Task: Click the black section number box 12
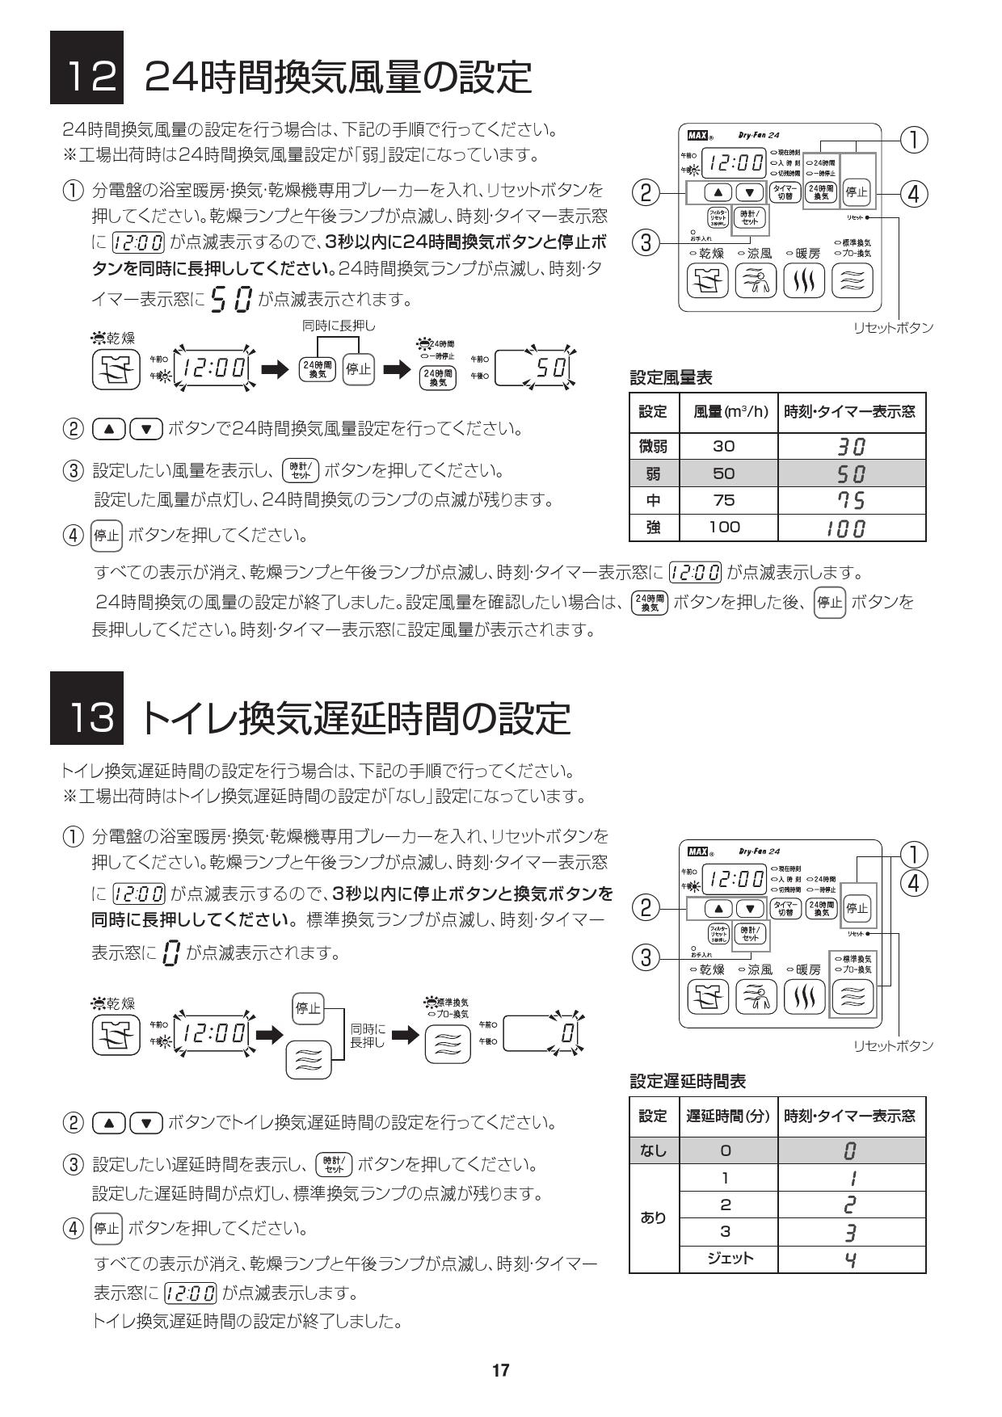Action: pyautogui.click(x=86, y=68)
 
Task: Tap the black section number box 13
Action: pyautogui.click(x=86, y=708)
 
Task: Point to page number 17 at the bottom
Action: pyautogui.click(x=501, y=1370)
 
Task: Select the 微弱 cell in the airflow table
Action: pyautogui.click(x=654, y=446)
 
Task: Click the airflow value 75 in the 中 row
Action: pyautogui.click(x=724, y=500)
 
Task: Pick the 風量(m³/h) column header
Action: pyautogui.click(x=730, y=412)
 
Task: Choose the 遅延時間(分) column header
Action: pyautogui.click(x=726, y=1116)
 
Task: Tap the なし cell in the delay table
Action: pyautogui.click(x=654, y=1150)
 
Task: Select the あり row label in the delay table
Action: pyautogui.click(x=654, y=1217)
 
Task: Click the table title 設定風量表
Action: pyautogui.click(x=671, y=377)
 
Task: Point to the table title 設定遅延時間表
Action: pyautogui.click(x=687, y=1081)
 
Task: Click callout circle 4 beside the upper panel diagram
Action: pyautogui.click(x=913, y=194)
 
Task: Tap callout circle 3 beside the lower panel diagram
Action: pyautogui.click(x=646, y=959)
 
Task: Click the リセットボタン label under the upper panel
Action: pyautogui.click(x=893, y=327)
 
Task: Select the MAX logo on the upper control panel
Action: pyautogui.click(x=696, y=137)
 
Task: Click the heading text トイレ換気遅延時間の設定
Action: pyautogui.click(x=356, y=719)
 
